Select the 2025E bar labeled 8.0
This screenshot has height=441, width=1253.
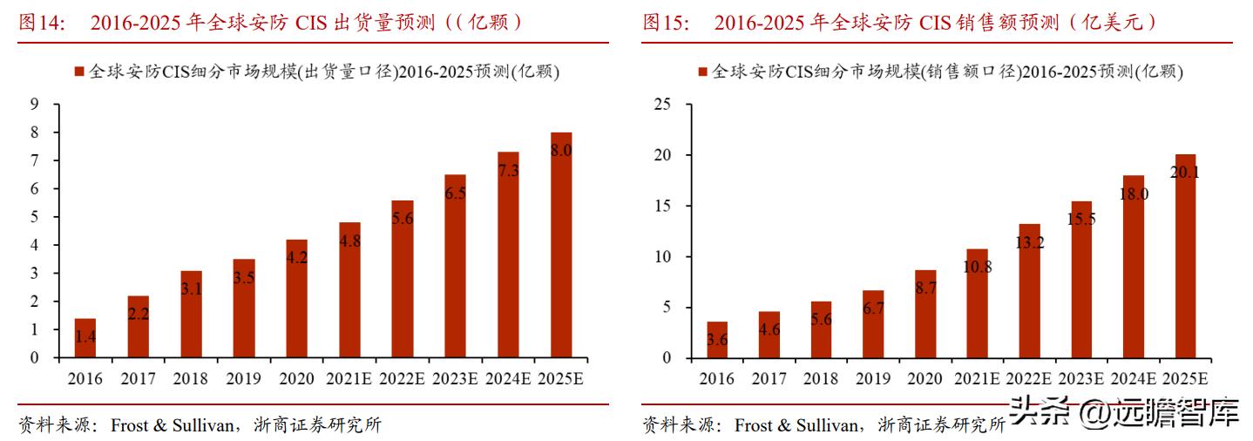tap(560, 245)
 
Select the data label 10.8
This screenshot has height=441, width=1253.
tap(977, 267)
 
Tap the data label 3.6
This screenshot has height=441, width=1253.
tap(717, 340)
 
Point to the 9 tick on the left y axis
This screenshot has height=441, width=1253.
tap(34, 105)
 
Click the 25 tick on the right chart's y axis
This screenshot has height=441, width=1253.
tap(662, 105)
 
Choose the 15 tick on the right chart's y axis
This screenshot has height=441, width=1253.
tap(662, 206)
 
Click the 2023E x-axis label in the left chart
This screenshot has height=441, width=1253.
tap(456, 379)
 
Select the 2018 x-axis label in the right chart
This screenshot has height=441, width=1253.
tap(821, 379)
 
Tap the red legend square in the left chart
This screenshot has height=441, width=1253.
tap(80, 72)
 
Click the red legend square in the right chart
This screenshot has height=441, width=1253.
tap(702, 72)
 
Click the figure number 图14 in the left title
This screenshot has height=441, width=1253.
tap(40, 23)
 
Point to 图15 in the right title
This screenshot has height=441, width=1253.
tap(666, 23)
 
